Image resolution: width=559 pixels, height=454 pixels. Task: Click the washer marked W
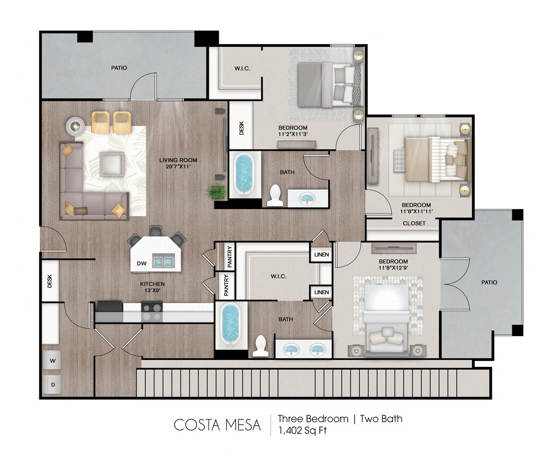coord(52,360)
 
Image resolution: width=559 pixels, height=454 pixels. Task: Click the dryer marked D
coord(52,385)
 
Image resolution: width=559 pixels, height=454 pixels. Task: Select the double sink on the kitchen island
coord(164,261)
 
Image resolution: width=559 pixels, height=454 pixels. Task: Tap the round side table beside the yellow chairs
coord(75,126)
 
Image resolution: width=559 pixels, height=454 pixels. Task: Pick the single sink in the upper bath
coord(307,199)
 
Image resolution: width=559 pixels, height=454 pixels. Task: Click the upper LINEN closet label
coord(321,254)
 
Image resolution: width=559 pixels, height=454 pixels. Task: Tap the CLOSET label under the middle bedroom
coord(414,223)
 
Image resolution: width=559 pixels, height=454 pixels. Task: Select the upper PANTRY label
coord(229,256)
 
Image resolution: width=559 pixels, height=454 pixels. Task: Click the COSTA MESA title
coord(217,425)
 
